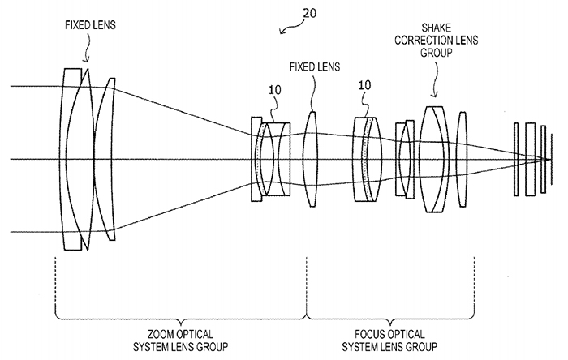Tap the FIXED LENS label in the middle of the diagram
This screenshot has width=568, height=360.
(313, 66)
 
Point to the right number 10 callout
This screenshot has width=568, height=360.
(364, 84)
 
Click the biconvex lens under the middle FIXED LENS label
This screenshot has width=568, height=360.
(311, 160)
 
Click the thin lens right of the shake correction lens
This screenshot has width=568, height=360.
(462, 160)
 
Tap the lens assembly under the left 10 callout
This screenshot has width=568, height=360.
(271, 160)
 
